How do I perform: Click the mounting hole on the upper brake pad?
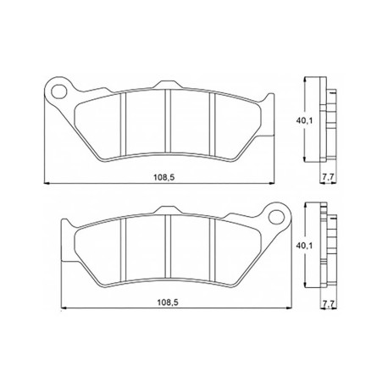click(58, 91)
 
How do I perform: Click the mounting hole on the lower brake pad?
click(276, 217)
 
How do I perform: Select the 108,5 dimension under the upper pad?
click(164, 177)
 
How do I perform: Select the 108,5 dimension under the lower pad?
click(168, 302)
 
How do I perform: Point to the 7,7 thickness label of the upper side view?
click(328, 177)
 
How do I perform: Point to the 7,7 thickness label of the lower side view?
click(328, 304)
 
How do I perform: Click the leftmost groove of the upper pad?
click(123, 125)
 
